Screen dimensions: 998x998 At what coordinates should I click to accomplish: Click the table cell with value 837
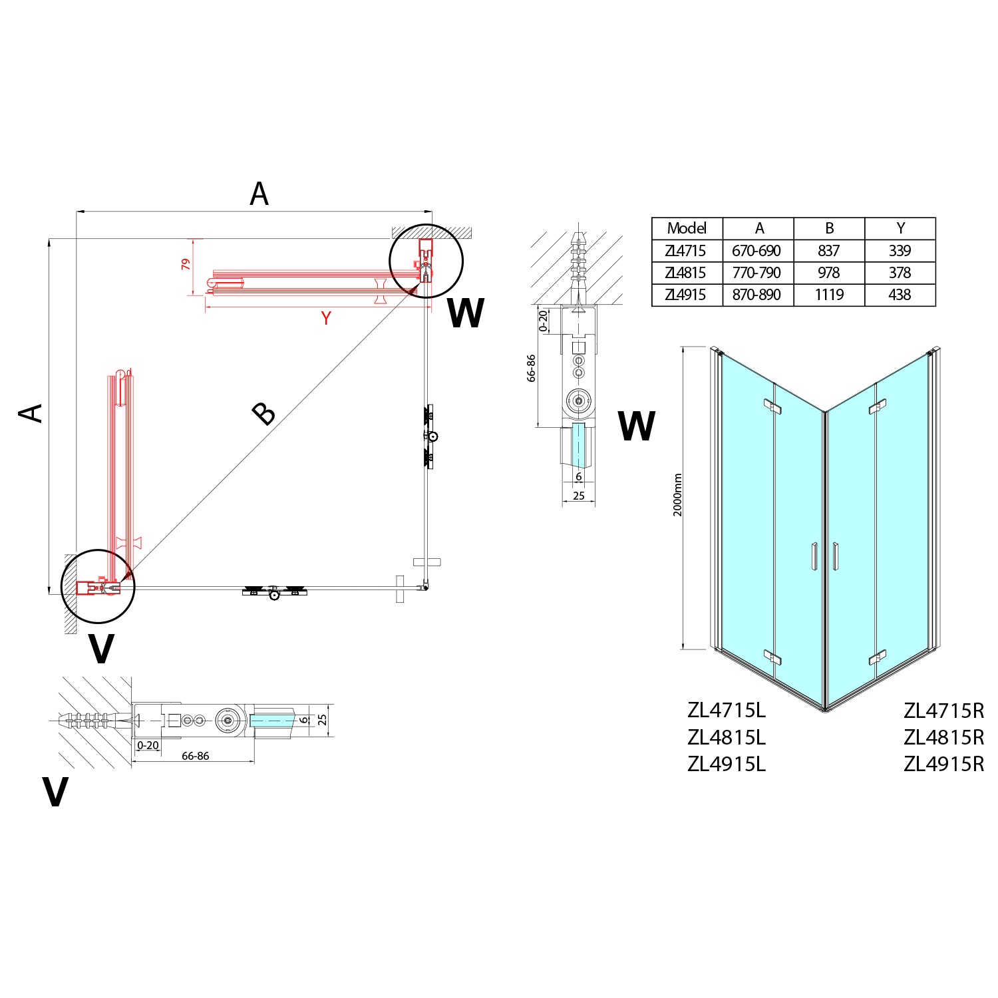tap(829, 251)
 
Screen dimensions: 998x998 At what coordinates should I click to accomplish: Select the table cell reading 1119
tap(829, 295)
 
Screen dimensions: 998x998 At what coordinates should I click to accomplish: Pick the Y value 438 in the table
tap(900, 295)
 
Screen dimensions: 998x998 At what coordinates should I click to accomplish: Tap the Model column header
tap(687, 228)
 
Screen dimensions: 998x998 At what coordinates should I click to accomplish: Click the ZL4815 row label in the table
tap(685, 273)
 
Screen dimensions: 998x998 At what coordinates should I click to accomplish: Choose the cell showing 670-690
tap(756, 251)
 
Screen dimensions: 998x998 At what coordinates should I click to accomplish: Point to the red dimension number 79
tap(186, 264)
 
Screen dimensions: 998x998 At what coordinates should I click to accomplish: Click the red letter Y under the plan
tap(326, 318)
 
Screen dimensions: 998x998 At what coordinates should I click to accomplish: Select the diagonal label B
tap(264, 414)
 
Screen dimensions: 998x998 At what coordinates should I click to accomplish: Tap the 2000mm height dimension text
tap(677, 495)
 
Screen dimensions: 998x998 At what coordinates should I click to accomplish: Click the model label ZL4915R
tap(943, 764)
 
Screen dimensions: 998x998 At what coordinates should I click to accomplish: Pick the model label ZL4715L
tap(727, 711)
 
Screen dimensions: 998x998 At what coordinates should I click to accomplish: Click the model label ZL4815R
tap(943, 737)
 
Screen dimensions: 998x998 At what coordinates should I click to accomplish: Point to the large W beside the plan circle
tap(466, 313)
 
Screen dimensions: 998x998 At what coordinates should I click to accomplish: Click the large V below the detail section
tap(55, 792)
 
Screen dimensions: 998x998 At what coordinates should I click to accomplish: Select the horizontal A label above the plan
tap(259, 194)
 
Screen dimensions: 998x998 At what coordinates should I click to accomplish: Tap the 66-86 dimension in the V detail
tap(195, 756)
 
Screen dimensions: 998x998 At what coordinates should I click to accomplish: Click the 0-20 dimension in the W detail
tap(544, 321)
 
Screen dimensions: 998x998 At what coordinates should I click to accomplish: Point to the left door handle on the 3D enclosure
tap(814, 556)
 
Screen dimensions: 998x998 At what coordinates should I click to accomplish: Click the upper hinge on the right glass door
tap(878, 406)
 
